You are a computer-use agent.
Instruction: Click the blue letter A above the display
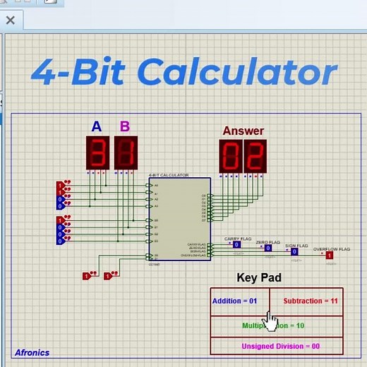point(97,127)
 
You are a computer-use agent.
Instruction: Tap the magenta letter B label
point(125,127)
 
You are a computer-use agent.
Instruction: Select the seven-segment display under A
point(97,153)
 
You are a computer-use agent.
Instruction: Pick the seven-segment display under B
point(125,153)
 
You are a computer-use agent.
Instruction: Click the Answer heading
point(243,131)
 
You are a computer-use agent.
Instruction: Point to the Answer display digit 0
point(231,156)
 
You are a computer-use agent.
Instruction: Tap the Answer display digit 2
point(255,156)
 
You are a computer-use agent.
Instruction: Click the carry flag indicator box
point(237,245)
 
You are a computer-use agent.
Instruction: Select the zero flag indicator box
point(267,248)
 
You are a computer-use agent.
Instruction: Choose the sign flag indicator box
point(295,251)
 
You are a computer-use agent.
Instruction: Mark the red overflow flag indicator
point(329,255)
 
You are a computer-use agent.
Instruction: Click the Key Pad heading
point(259,277)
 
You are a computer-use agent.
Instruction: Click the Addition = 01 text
point(235,301)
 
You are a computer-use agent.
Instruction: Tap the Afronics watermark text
point(32,352)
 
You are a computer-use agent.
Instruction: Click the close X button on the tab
point(10,20)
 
